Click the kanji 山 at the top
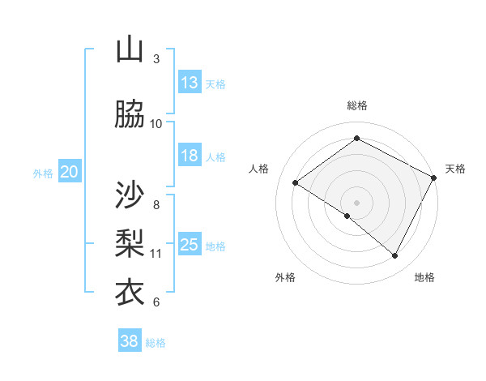(x=130, y=50)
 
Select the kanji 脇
(x=130, y=115)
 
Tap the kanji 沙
(x=130, y=195)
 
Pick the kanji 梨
(x=130, y=243)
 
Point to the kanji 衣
(x=130, y=292)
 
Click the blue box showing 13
(x=190, y=83)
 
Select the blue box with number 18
(x=190, y=156)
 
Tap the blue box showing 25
(x=190, y=245)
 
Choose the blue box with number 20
(x=70, y=172)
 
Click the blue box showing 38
(x=130, y=341)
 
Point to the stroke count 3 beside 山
(x=156, y=59)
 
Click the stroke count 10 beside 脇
(x=156, y=124)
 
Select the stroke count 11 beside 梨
(x=156, y=254)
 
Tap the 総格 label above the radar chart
(x=356, y=105)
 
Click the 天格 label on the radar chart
(x=455, y=169)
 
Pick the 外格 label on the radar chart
(x=285, y=277)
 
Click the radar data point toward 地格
(x=395, y=256)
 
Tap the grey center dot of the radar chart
(x=356, y=201)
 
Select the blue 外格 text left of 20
(x=43, y=173)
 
